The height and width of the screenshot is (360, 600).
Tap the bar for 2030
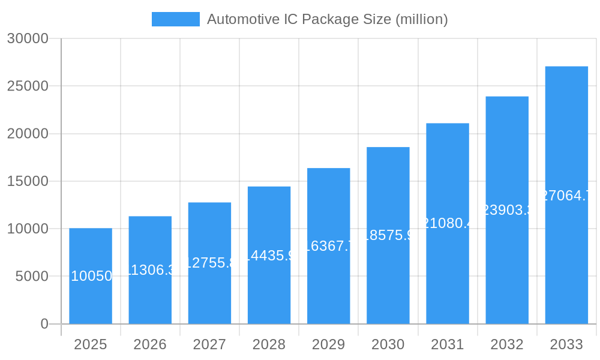(x=388, y=282)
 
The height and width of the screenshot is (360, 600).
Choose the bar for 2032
(x=507, y=270)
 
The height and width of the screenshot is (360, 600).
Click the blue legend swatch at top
(x=175, y=19)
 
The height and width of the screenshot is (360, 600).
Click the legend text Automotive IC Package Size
(x=327, y=19)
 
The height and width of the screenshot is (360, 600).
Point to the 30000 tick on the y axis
(x=27, y=38)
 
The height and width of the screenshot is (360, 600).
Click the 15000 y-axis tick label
(x=27, y=181)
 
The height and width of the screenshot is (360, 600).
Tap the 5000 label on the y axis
(x=31, y=277)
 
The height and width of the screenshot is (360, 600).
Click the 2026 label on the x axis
(x=150, y=344)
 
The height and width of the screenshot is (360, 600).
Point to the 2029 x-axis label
(x=328, y=344)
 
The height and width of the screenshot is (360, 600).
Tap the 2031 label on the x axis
(x=448, y=344)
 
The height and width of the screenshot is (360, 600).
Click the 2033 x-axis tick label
(x=566, y=344)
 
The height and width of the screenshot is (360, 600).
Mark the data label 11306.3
(x=150, y=270)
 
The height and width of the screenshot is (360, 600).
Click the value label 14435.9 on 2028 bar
(x=269, y=256)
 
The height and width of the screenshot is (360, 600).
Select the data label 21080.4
(x=448, y=223)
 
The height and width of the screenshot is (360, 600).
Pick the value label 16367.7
(x=328, y=246)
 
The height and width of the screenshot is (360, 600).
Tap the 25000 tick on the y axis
(x=27, y=86)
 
